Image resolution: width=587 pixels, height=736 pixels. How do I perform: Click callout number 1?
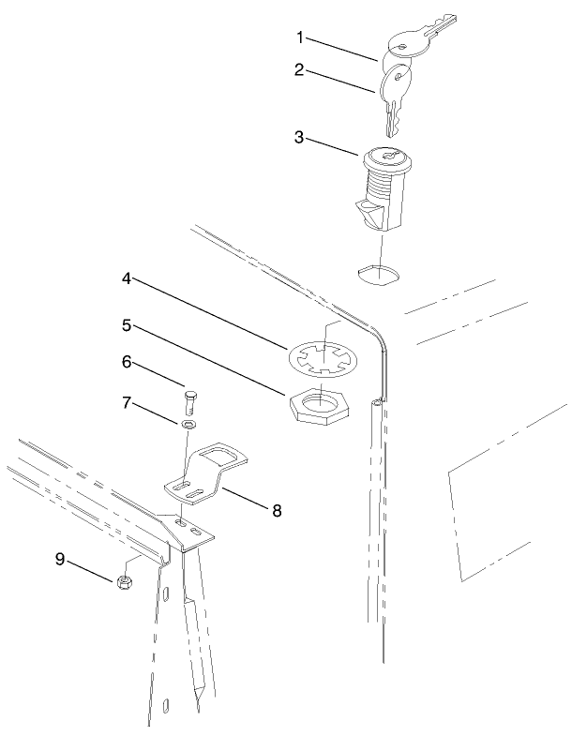coord(301,38)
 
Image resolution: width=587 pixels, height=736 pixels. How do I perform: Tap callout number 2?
coord(301,71)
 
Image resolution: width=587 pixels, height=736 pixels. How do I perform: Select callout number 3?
coord(301,136)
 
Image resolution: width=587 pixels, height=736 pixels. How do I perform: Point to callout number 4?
coord(125,278)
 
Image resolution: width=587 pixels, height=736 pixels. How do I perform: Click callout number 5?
coord(125,326)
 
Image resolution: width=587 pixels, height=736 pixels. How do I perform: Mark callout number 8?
coord(276,510)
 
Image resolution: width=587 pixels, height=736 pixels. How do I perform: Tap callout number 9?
coord(59,560)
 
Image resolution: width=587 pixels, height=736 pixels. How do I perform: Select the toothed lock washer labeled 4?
coord(321,360)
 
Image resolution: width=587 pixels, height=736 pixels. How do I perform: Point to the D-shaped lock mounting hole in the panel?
coord(378,274)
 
